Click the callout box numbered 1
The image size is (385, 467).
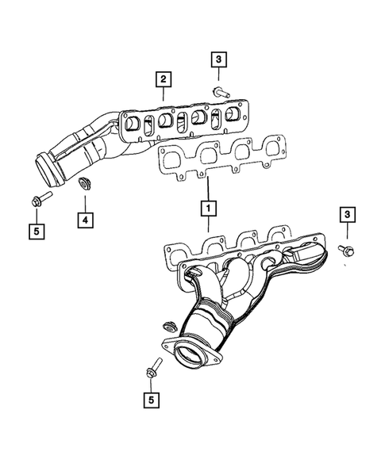click(x=208, y=209)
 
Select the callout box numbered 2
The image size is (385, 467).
click(x=162, y=78)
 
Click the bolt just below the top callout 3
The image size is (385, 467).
click(x=221, y=92)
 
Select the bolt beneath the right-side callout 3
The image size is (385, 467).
click(x=347, y=251)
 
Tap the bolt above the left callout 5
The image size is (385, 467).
click(x=40, y=196)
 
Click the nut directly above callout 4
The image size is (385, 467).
click(x=83, y=186)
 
